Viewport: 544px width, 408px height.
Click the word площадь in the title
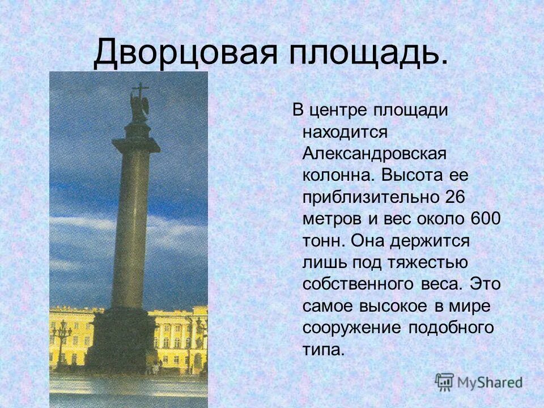pyautogui.click(x=366, y=53)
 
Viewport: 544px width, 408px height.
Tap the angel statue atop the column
pyautogui.click(x=139, y=105)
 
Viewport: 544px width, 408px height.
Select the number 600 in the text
pyautogui.click(x=485, y=218)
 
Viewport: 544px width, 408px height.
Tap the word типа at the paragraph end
pyautogui.click(x=323, y=348)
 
